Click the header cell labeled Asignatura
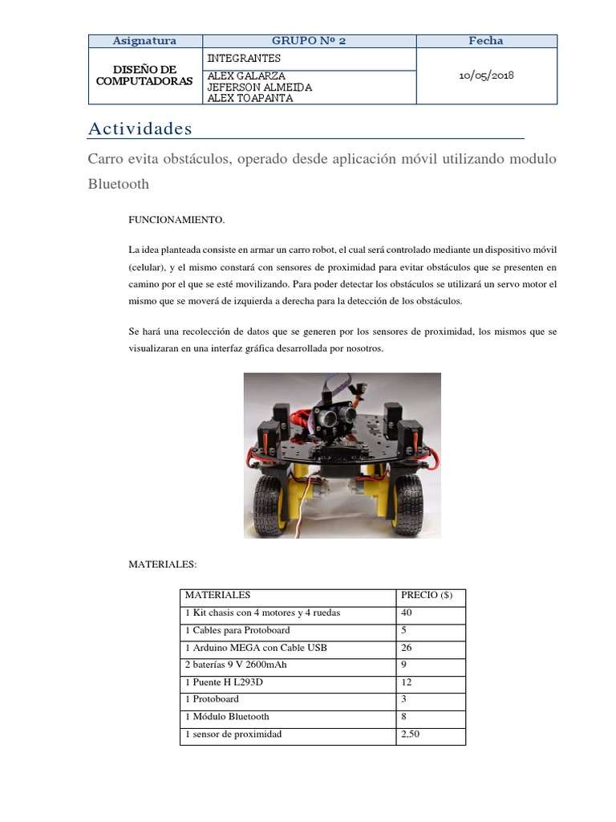click(144, 41)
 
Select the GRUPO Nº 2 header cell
click(309, 41)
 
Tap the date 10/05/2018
click(486, 75)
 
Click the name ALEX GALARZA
click(246, 75)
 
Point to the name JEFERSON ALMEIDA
click(259, 87)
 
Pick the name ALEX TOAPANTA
click(249, 98)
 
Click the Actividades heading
click(140, 128)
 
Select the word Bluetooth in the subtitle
click(118, 184)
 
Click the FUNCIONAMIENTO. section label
click(177, 219)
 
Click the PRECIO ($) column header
click(426, 596)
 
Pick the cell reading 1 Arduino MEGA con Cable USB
click(256, 648)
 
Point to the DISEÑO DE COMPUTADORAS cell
click(144, 76)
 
